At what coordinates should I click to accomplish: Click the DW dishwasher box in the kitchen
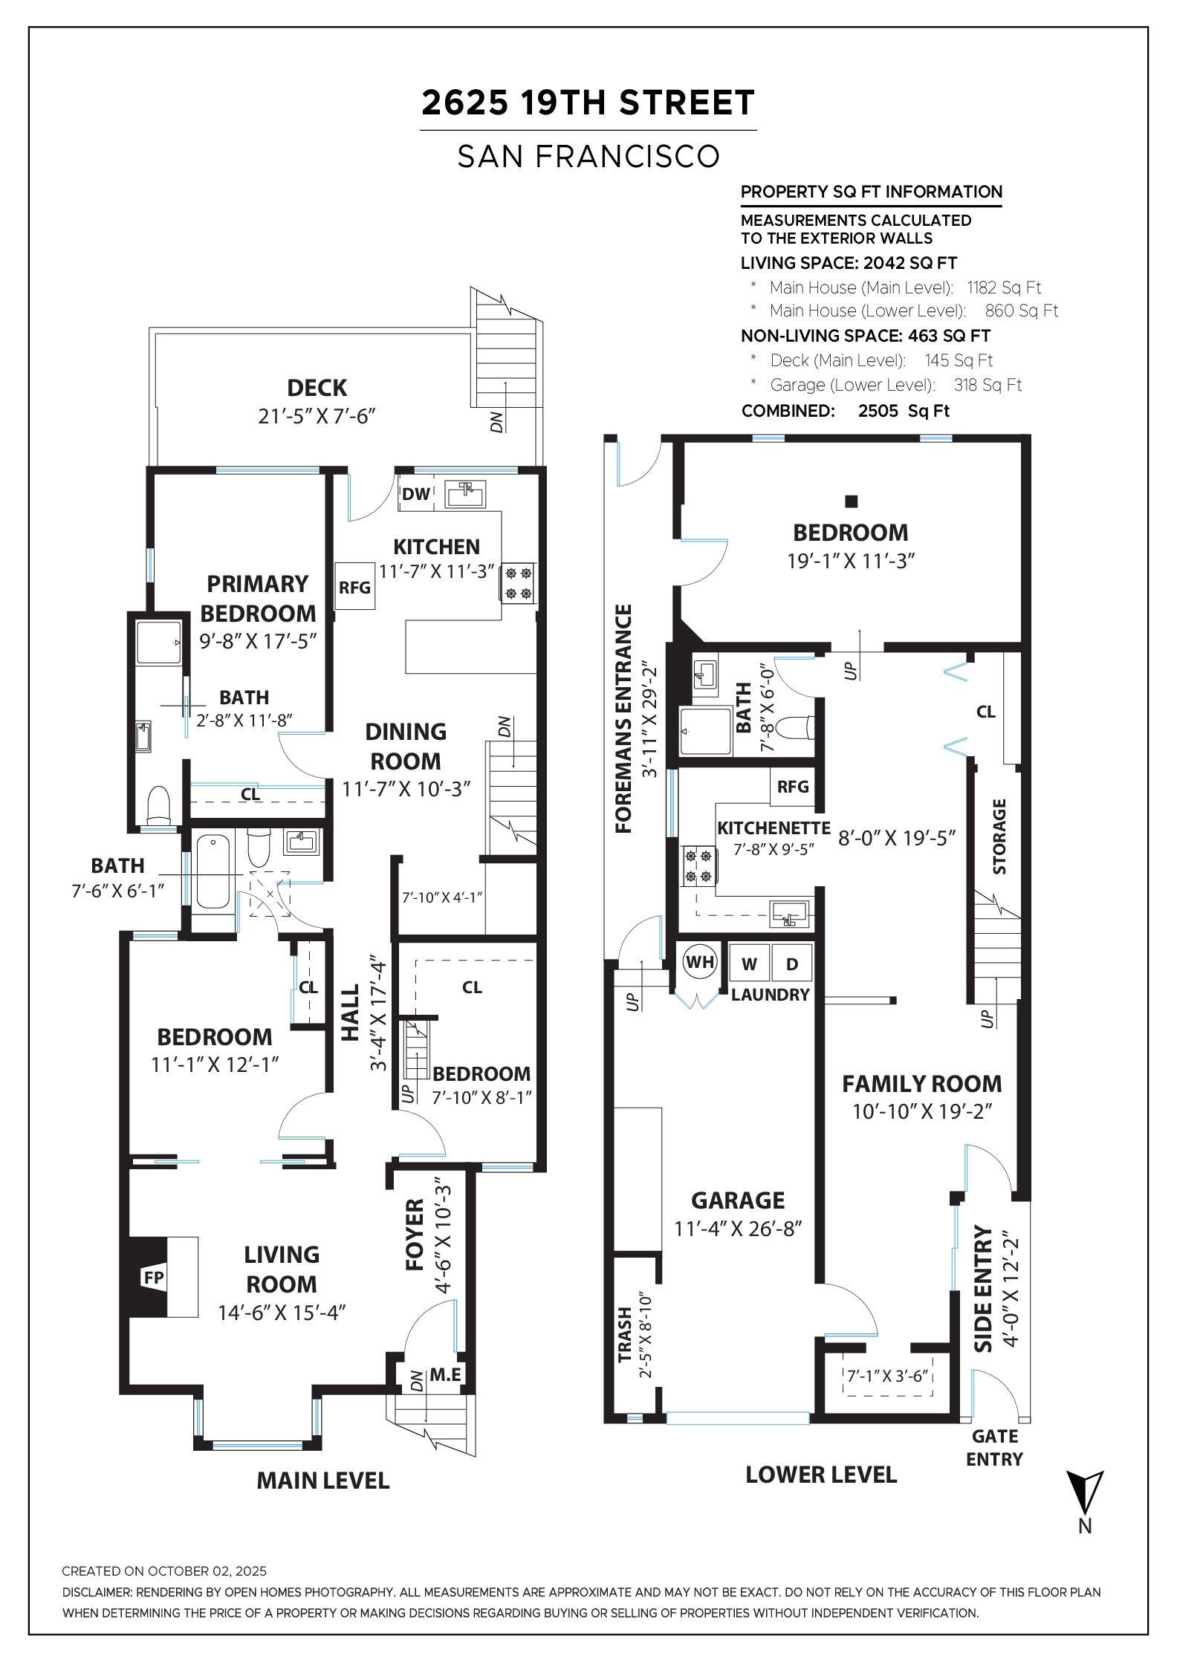tap(415, 494)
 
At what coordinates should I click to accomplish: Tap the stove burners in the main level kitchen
tap(518, 583)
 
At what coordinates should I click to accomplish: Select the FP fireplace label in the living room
tap(154, 1277)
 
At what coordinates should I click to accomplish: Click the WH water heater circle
tap(699, 963)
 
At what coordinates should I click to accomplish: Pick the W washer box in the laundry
tap(749, 964)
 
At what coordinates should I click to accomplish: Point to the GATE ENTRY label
tap(994, 1448)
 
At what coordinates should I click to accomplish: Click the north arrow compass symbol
tap(1085, 1493)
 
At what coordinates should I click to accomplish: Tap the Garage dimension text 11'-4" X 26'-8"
tap(738, 1229)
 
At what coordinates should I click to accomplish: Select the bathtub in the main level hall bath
tap(213, 871)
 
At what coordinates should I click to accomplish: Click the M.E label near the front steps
tap(445, 1375)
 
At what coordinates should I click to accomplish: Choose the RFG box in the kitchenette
tap(793, 786)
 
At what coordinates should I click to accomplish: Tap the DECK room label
tap(317, 388)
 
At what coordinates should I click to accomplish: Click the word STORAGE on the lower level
tap(999, 836)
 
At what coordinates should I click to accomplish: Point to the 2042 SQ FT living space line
tap(849, 263)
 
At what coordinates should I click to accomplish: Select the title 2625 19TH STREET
tap(588, 103)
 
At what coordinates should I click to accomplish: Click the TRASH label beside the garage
tap(625, 1336)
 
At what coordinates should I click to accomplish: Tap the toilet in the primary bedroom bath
tap(159, 805)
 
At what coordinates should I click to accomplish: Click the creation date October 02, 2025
tap(163, 1571)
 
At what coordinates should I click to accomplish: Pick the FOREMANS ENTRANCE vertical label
tap(623, 718)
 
